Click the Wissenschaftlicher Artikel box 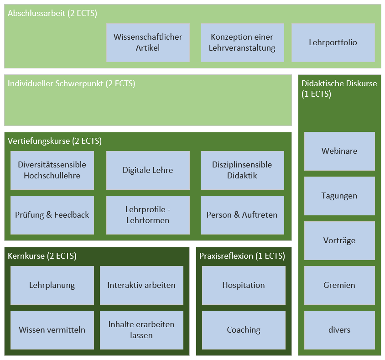[148, 42]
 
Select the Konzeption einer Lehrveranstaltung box [242, 42]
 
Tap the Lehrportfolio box [333, 42]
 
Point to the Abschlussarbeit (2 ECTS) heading [52, 13]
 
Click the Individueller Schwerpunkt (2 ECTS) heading [72, 83]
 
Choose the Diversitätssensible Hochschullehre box [52, 170]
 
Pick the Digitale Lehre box [148, 170]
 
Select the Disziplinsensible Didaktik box [242, 170]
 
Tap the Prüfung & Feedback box [52, 215]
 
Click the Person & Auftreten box [242, 215]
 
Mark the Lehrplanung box [52, 285]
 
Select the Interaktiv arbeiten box [141, 285]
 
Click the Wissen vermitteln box [52, 330]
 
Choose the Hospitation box [244, 285]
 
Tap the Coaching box [244, 330]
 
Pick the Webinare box [339, 151]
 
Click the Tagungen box [339, 196]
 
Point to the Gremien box [339, 285]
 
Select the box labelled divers [339, 330]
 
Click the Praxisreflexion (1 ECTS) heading [242, 256]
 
